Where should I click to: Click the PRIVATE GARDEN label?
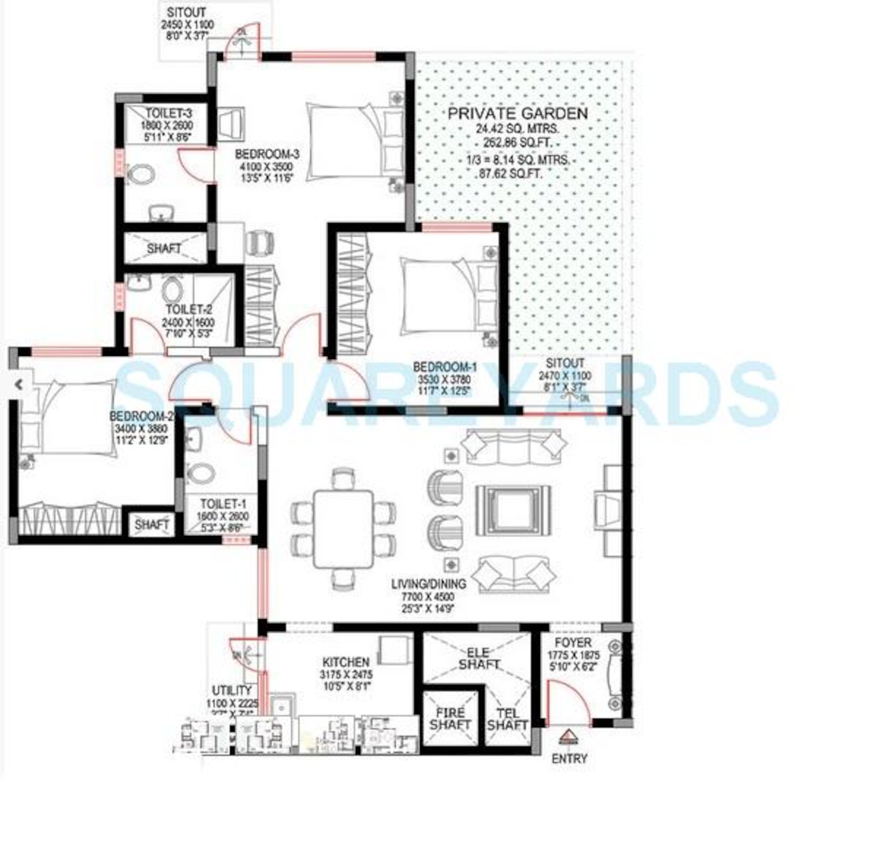(x=517, y=113)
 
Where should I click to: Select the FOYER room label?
(x=573, y=643)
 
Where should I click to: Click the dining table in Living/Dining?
(x=343, y=529)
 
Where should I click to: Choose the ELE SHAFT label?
(x=478, y=659)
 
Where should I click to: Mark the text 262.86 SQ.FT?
(x=517, y=143)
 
